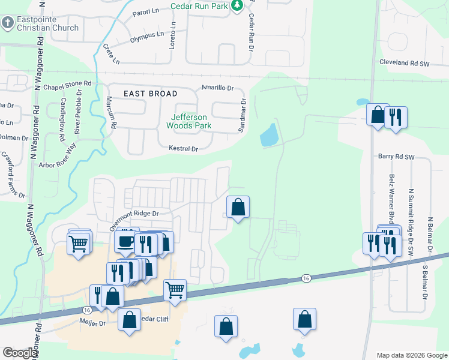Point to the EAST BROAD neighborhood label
coord(151,94)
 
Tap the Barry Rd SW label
coord(397,156)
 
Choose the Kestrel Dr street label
coord(183,148)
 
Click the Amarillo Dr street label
coord(217,88)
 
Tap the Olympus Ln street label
coord(146,37)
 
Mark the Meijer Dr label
coord(92,322)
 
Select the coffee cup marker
coord(125,241)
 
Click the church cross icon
coord(7,23)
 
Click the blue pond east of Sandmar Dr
coord(269,135)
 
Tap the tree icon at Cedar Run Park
coord(238,5)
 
